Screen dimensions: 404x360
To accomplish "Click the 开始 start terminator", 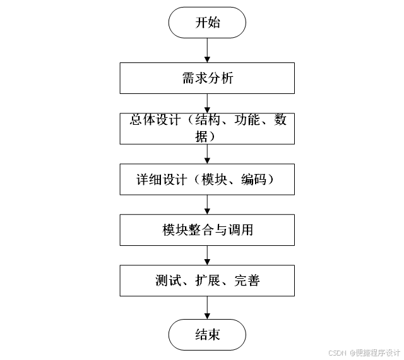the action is pos(207,23).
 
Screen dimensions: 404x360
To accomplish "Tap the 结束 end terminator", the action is pos(207,334).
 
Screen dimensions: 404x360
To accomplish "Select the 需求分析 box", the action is pos(207,79).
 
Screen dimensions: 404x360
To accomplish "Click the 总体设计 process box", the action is pos(207,128).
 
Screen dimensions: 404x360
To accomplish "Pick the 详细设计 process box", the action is pos(207,179).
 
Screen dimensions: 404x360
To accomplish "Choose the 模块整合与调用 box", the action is pos(207,230).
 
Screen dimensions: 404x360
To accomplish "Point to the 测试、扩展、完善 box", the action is pos(207,281).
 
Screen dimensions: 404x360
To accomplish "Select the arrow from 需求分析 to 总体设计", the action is pos(207,102).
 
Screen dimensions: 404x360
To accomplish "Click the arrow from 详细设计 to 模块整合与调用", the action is pos(207,205).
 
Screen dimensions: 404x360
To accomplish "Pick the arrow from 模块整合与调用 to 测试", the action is pos(207,255).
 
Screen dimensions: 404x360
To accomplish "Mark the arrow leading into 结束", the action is pos(207,307).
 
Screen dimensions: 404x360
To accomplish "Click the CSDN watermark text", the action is pos(338,353).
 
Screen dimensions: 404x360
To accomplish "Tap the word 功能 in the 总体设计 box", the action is pos(247,120).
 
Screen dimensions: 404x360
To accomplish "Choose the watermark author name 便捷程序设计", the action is pos(379,353).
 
